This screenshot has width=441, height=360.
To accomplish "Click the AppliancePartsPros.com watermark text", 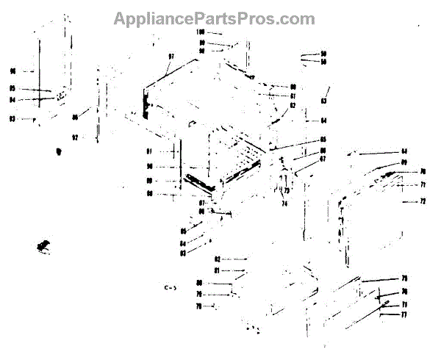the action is (x=214, y=19).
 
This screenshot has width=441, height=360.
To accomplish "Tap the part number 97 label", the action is (x=171, y=57).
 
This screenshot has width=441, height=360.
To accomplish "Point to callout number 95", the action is (x=12, y=90).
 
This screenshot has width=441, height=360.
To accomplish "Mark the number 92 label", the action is (x=74, y=137).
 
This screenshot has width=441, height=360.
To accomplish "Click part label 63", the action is (x=323, y=101).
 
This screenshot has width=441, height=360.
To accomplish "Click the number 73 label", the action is (x=286, y=191).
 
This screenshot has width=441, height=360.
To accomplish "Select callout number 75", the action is (x=404, y=278).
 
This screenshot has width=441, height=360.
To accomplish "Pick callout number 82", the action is (x=218, y=259).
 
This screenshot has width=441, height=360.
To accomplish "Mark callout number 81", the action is (x=218, y=270).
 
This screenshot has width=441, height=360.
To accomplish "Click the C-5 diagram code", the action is (x=170, y=287).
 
